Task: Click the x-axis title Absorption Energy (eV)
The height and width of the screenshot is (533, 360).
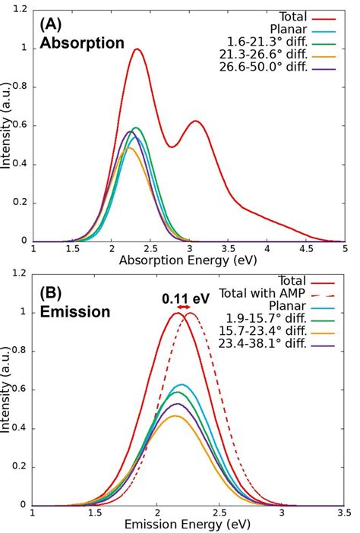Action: pyautogui.click(x=188, y=260)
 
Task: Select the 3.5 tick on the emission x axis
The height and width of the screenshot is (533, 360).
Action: pyautogui.click(x=344, y=512)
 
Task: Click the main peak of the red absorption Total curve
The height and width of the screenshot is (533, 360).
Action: pyautogui.click(x=137, y=49)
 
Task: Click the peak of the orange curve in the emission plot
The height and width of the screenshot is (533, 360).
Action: pyautogui.click(x=176, y=415)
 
